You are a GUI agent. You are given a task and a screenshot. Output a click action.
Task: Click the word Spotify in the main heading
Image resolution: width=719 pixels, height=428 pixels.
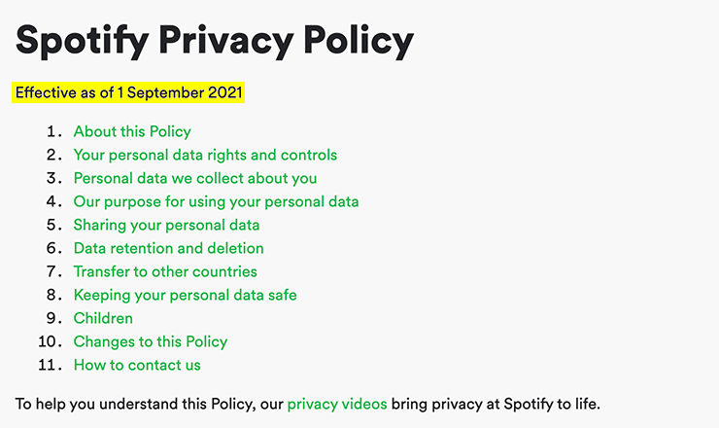83,41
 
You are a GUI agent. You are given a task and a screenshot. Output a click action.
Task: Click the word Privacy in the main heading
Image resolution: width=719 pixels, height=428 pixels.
226,41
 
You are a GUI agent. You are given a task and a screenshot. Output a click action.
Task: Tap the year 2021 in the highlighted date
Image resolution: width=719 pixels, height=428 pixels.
225,92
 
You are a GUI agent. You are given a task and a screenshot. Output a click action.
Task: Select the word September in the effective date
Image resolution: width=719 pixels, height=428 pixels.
165,93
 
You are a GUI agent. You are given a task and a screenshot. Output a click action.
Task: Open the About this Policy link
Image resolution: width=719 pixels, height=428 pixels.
132,131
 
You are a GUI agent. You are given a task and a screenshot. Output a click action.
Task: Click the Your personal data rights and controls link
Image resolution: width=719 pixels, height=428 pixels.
205,156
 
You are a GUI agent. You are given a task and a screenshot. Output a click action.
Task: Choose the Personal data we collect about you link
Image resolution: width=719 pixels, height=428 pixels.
195,179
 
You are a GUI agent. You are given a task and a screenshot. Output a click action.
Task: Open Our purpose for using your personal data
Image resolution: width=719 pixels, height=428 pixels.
217,202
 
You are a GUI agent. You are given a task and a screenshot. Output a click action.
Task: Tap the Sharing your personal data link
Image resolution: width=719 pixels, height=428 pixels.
167,226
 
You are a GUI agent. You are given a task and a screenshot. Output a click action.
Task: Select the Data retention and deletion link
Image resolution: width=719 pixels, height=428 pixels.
169,248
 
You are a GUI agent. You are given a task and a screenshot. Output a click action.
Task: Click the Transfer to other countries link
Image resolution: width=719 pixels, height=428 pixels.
165,271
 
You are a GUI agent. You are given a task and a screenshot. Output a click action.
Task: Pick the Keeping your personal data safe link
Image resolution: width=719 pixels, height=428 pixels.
186,296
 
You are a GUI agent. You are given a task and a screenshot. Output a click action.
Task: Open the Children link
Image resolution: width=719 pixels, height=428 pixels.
103,318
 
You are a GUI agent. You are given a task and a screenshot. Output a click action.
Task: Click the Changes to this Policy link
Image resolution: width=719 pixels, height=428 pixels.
151,342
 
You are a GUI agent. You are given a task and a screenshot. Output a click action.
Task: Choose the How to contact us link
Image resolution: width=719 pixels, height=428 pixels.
137,365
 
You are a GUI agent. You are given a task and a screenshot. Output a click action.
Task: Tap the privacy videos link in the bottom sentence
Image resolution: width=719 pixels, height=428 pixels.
337,404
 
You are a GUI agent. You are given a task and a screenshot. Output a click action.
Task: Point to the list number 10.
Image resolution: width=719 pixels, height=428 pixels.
50,341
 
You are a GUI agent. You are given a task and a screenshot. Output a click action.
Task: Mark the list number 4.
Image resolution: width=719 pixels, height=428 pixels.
54,201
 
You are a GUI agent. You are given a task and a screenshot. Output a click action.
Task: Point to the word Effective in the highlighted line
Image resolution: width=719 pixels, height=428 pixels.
46,92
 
